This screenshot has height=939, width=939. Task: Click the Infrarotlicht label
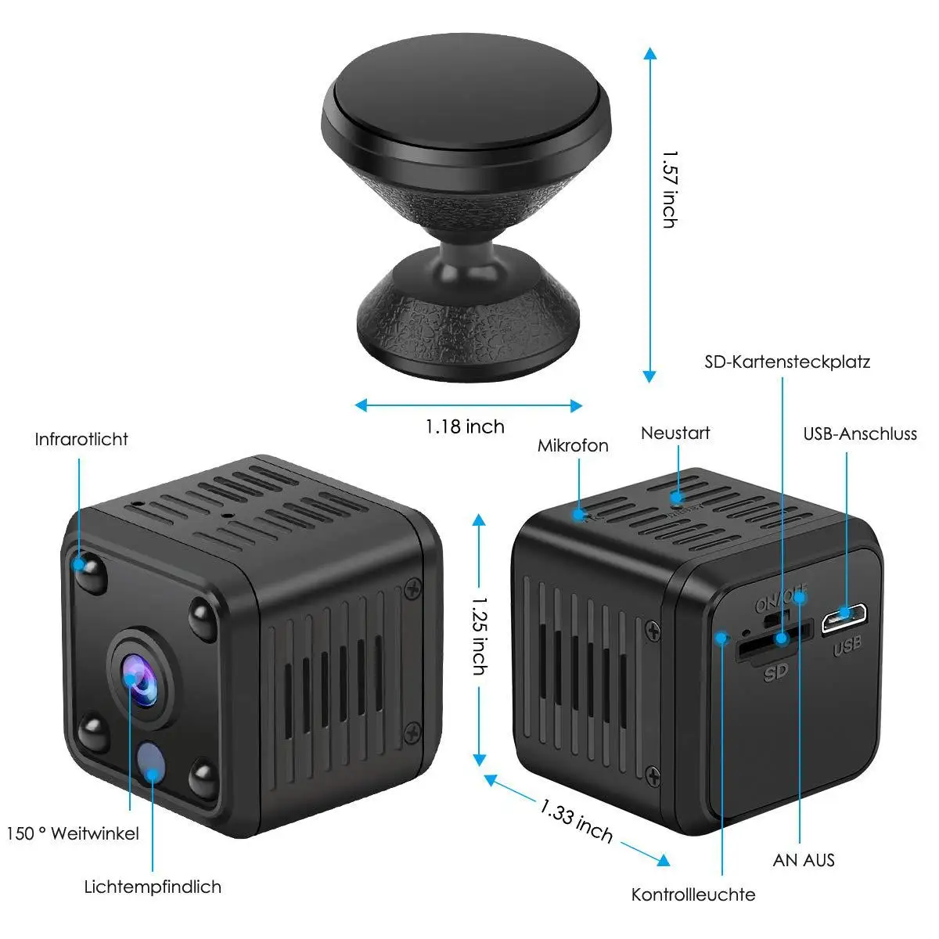pyautogui.click(x=81, y=439)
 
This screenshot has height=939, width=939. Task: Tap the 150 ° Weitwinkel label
pyautogui.click(x=73, y=833)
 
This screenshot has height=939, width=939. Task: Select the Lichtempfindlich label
pyautogui.click(x=153, y=887)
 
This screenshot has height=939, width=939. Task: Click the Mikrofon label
pyautogui.click(x=573, y=445)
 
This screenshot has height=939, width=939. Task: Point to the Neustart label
pyautogui.click(x=675, y=433)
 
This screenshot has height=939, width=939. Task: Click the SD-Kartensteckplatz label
pyautogui.click(x=787, y=362)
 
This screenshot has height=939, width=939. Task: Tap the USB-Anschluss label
pyautogui.click(x=860, y=434)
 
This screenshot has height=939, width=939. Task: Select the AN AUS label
pyautogui.click(x=804, y=860)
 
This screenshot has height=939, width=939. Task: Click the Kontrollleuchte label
pyautogui.click(x=693, y=894)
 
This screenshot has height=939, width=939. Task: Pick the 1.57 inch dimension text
pyautogui.click(x=669, y=189)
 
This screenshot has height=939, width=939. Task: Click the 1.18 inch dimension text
pyautogui.click(x=465, y=426)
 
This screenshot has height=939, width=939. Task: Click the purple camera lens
pyautogui.click(x=141, y=677)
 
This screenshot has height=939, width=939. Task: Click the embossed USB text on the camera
pyautogui.click(x=847, y=646)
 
